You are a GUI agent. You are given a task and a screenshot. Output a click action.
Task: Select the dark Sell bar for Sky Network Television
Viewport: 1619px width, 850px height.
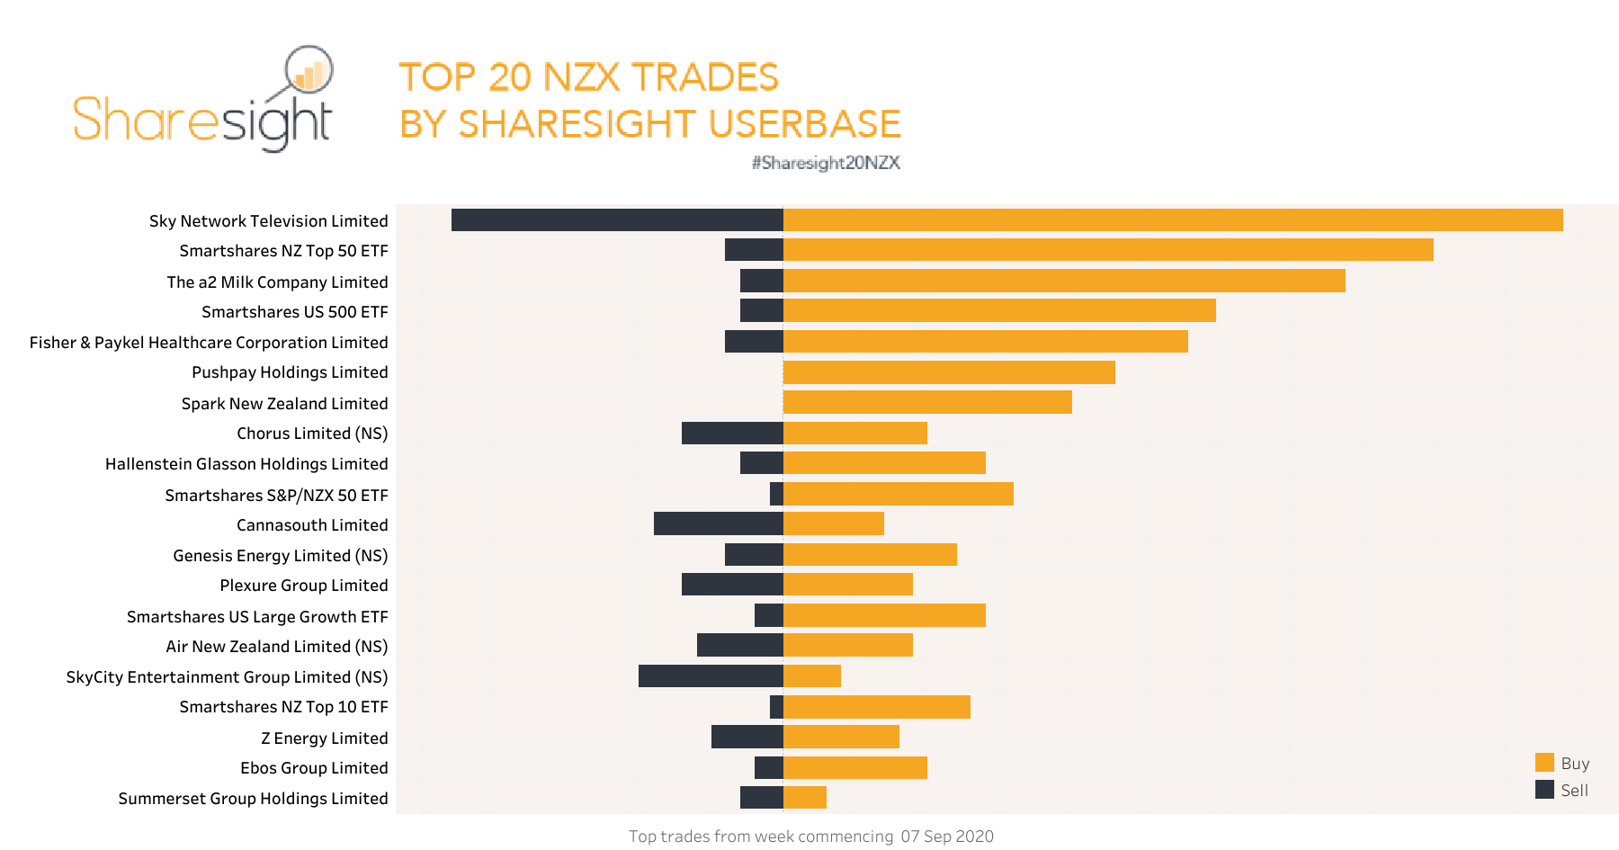(x=617, y=220)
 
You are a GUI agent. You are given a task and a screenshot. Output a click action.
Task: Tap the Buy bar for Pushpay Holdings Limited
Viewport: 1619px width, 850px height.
(x=949, y=372)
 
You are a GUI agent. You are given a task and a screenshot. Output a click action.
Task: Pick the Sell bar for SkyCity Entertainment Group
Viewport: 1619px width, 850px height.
(x=711, y=676)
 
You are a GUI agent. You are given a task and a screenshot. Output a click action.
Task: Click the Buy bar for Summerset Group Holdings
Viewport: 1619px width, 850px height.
(x=805, y=798)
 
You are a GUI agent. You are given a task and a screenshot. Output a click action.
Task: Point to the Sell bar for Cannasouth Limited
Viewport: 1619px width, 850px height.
(x=719, y=524)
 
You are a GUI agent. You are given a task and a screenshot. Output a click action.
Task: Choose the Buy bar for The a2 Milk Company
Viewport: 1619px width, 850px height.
(x=1064, y=282)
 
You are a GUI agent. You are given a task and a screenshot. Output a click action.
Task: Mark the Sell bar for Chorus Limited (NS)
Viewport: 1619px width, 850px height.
(x=732, y=434)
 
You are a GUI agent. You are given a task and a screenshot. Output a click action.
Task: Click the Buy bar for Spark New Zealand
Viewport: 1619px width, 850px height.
(x=927, y=403)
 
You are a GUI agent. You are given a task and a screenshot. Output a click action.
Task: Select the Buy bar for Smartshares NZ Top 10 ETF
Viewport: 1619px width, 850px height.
(x=877, y=707)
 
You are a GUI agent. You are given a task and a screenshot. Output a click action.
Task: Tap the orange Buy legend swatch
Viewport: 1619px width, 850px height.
(x=1544, y=763)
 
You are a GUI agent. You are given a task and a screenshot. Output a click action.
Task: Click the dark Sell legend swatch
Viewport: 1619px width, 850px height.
(x=1544, y=790)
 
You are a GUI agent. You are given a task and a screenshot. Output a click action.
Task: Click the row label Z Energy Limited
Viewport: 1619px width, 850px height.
(x=324, y=738)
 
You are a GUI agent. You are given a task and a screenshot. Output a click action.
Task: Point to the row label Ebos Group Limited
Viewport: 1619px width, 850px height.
(x=314, y=768)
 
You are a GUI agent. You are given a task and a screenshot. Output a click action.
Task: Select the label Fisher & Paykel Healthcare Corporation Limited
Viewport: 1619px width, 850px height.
(x=209, y=343)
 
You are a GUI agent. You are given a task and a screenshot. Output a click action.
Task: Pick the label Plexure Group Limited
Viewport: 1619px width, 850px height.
(x=304, y=586)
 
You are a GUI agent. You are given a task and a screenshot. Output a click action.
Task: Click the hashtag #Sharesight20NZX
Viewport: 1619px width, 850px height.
(x=826, y=163)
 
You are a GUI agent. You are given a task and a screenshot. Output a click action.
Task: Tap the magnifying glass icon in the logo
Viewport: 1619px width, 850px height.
(x=309, y=70)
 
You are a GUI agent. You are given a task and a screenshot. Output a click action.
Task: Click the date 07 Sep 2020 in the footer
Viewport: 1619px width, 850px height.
(x=947, y=837)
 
